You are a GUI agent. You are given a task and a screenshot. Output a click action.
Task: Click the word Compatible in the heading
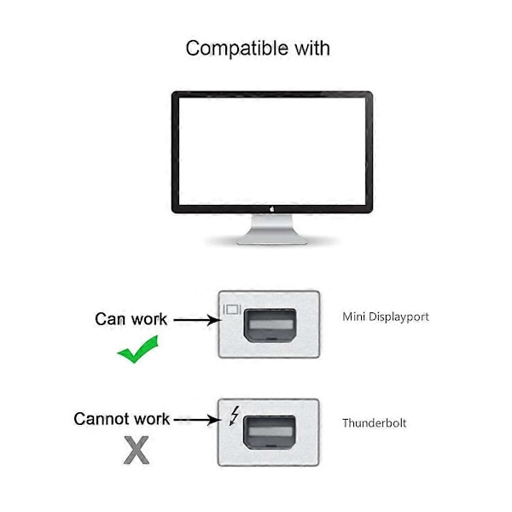tap(237, 49)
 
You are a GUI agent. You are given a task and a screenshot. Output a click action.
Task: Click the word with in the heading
tap(312, 48)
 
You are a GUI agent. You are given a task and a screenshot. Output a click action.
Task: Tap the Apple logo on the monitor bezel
tap(272, 209)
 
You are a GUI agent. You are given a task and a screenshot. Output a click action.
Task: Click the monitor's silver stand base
tap(272, 240)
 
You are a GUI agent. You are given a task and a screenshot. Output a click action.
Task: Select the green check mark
tap(137, 349)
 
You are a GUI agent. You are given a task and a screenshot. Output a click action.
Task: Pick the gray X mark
tap(137, 451)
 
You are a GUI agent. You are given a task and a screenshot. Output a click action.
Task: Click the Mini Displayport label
tap(386, 317)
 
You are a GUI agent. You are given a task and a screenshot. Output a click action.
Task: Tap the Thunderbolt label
tap(375, 423)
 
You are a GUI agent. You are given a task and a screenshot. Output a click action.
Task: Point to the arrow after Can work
tap(197, 320)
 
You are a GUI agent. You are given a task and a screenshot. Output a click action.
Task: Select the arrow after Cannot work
tap(196, 420)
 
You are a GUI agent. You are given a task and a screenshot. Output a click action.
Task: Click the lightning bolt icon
tap(234, 416)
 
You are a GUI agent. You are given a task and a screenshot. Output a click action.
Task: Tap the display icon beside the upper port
tap(232, 309)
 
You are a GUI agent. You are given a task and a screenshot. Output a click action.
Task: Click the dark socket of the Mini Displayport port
tap(271, 325)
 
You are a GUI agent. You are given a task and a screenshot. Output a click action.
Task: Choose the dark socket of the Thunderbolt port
tap(270, 433)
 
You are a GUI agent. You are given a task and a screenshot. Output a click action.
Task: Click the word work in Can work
tap(148, 319)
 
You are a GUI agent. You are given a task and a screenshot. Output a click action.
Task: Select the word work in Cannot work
tap(152, 419)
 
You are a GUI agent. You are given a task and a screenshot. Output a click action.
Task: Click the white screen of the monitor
tap(272, 151)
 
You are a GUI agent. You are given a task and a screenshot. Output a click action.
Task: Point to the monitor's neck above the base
tap(272, 224)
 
